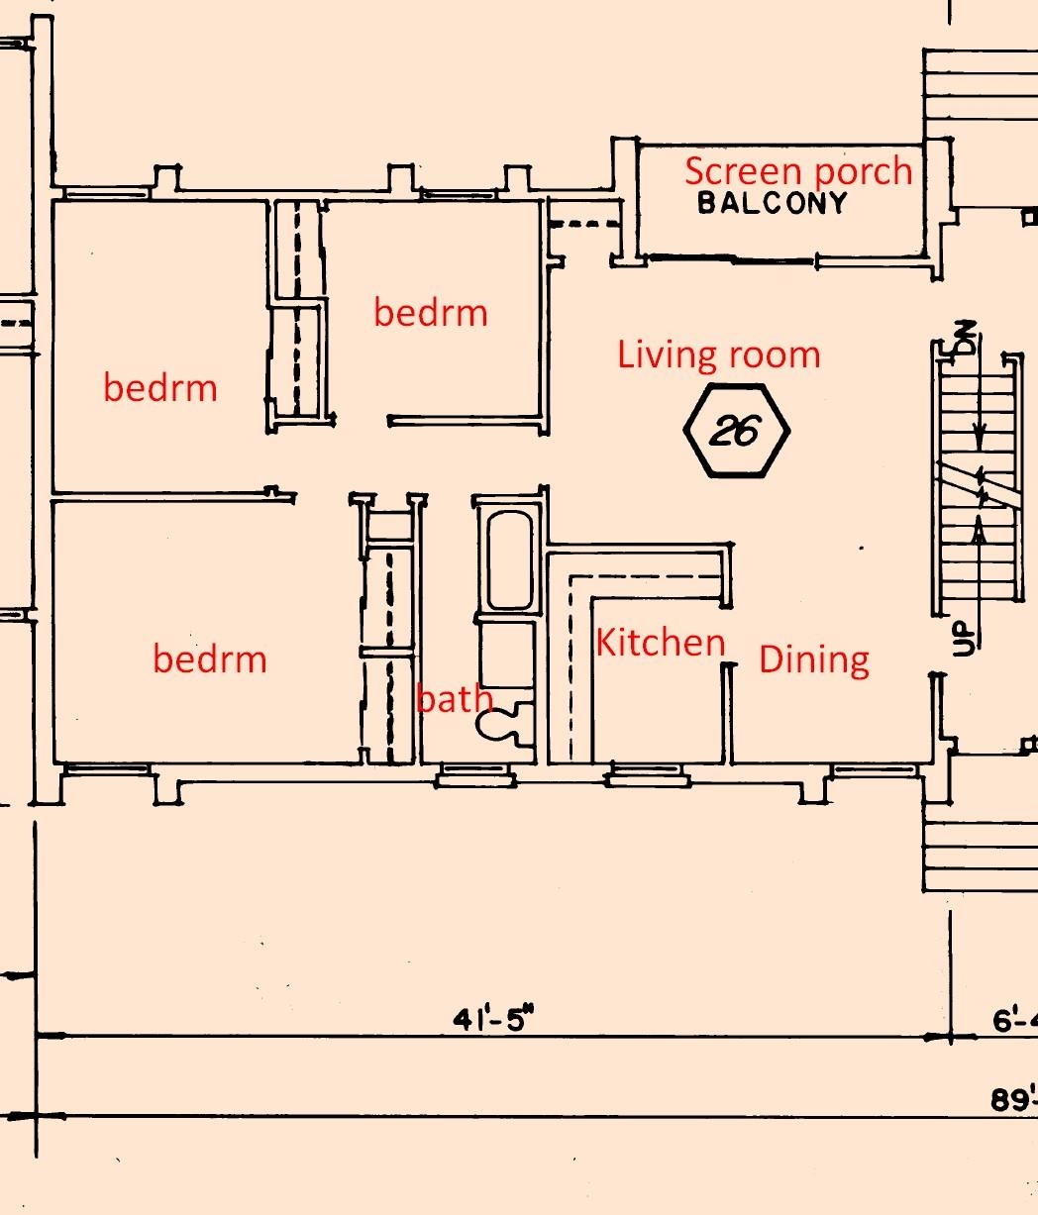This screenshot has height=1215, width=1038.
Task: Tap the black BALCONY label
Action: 772,203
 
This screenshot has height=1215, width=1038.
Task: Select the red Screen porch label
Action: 798,170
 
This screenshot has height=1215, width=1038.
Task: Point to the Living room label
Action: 719,354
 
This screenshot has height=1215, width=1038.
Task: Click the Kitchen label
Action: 661,642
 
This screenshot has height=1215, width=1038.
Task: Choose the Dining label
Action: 814,660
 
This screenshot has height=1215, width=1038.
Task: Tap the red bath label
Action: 454,698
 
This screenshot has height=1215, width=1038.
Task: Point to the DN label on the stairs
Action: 968,338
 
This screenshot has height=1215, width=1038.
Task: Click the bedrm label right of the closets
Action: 431,312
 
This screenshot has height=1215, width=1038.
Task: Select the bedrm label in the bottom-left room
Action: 210,658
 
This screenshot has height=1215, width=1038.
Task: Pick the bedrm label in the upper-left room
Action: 160,388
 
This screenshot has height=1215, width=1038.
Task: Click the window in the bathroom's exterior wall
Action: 475,774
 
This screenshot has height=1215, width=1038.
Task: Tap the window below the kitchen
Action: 648,774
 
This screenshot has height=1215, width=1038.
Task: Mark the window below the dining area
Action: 876,770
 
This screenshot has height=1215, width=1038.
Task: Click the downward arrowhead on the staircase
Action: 979,442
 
